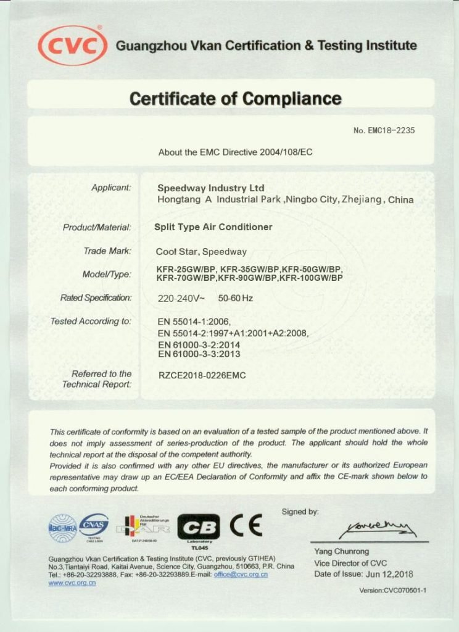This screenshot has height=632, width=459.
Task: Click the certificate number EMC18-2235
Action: click(x=389, y=130)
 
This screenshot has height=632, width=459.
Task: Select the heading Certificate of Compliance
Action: click(x=235, y=98)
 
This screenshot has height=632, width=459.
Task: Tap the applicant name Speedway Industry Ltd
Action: click(x=211, y=188)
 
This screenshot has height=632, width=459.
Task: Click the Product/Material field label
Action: click(x=97, y=227)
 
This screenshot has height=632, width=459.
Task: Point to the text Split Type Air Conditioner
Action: click(x=213, y=227)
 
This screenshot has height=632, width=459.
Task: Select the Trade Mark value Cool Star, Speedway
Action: click(x=201, y=251)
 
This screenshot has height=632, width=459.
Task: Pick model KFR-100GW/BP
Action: click(x=311, y=278)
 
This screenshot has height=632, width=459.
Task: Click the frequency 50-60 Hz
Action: click(x=236, y=298)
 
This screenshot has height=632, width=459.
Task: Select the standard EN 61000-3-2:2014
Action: click(x=199, y=344)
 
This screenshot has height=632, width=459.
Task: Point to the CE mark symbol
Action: click(x=246, y=525)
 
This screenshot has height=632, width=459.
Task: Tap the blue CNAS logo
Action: click(x=94, y=526)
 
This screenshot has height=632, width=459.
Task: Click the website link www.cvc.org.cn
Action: click(x=72, y=583)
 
